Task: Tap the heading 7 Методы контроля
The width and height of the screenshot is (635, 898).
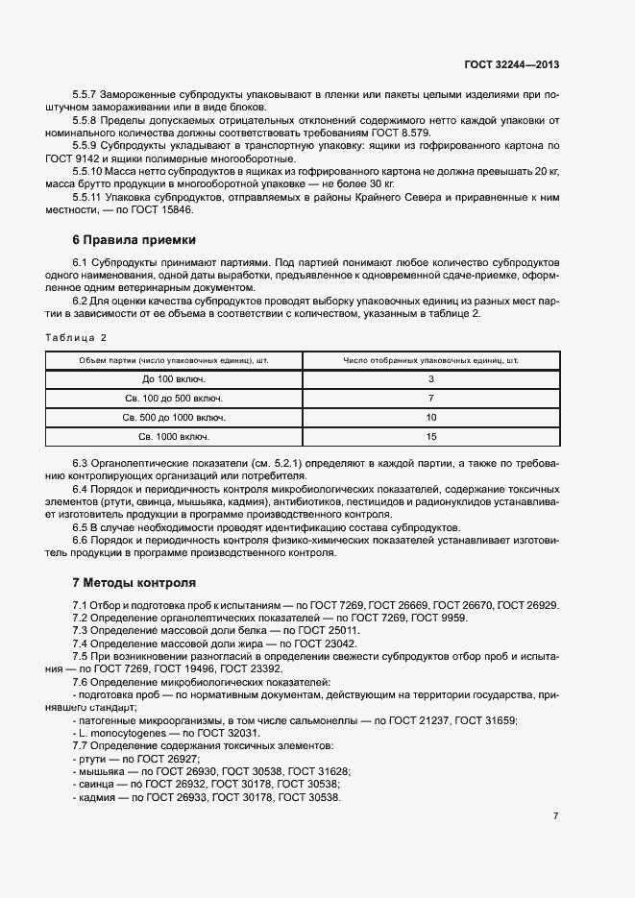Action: click(134, 582)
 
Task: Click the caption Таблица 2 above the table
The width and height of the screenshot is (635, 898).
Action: click(76, 337)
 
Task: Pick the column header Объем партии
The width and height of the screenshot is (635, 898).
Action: click(174, 360)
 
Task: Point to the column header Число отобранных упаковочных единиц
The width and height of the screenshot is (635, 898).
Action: click(431, 360)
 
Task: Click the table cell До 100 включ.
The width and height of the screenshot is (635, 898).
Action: click(174, 379)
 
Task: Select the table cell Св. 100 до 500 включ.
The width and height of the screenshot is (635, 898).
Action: click(174, 399)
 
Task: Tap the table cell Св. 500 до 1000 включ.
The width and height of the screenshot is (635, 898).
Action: click(174, 418)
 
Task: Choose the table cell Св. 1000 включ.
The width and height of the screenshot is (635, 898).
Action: click(174, 437)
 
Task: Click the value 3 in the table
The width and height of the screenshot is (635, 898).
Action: click(431, 379)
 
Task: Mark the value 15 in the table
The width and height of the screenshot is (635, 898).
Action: click(431, 437)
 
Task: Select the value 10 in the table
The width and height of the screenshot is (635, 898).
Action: click(431, 418)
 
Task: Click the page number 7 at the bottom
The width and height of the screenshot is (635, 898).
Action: click(555, 815)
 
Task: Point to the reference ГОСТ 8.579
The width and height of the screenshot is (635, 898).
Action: click(399, 133)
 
